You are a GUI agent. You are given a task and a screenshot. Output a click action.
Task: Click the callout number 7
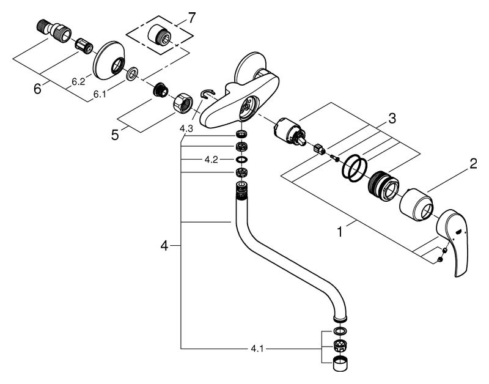[192, 18]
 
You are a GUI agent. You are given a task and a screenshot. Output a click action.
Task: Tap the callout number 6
[37, 89]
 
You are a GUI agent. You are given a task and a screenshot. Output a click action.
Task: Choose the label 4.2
[211, 160]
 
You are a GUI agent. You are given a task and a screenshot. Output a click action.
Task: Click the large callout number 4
[164, 246]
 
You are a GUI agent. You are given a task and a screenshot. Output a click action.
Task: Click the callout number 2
[472, 163]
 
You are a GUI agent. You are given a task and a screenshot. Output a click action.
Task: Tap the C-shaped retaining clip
[207, 93]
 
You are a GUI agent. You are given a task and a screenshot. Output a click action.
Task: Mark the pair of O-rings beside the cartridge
[353, 168]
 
